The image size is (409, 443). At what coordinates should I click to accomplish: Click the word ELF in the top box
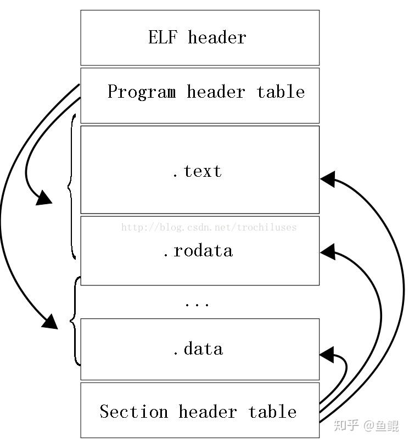tap(163, 37)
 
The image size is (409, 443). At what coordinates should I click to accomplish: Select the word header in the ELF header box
tap(217, 37)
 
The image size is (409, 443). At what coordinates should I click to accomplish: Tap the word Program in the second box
tap(142, 92)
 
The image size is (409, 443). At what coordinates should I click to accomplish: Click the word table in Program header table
tap(281, 92)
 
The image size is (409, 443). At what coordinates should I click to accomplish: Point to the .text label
tap(197, 171)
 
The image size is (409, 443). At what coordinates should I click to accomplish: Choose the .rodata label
tap(198, 251)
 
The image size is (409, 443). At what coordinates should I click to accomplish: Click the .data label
tap(198, 349)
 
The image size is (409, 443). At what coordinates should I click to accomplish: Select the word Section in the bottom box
tap(133, 412)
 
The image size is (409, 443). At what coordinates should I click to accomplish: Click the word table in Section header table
tap(272, 412)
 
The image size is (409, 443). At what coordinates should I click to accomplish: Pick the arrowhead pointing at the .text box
tap(328, 179)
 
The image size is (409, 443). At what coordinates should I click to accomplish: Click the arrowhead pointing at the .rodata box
tap(328, 252)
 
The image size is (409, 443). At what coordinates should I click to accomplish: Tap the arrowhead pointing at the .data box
tap(327, 355)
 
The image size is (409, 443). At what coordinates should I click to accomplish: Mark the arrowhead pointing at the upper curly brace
tap(44, 197)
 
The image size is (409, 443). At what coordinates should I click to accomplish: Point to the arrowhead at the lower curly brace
tap(50, 322)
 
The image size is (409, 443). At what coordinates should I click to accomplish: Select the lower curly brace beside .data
tap(74, 321)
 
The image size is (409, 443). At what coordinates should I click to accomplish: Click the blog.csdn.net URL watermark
tap(209, 227)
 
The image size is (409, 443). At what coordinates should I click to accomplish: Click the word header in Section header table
tap(208, 412)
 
